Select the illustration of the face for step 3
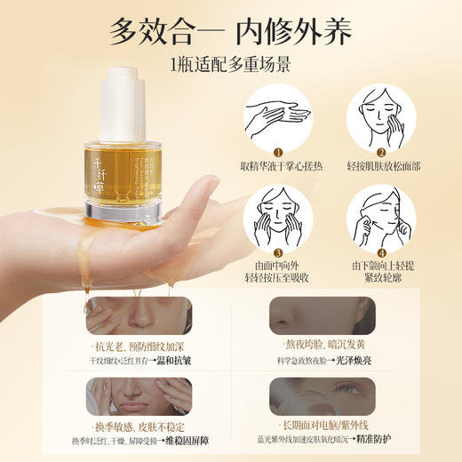coord(277,206)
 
